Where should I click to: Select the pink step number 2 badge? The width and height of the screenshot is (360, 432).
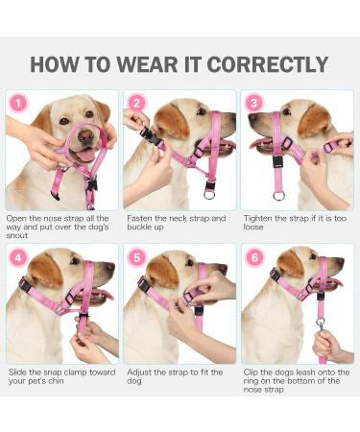tap(135, 103)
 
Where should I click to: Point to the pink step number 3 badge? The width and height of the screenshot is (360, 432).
tap(254, 103)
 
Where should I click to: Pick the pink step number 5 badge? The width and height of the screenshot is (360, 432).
tap(135, 258)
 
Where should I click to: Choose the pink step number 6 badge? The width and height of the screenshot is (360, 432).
tap(254, 258)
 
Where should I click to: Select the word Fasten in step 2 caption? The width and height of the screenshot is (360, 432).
tap(140, 218)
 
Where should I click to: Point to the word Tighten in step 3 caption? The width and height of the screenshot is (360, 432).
tap(262, 218)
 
